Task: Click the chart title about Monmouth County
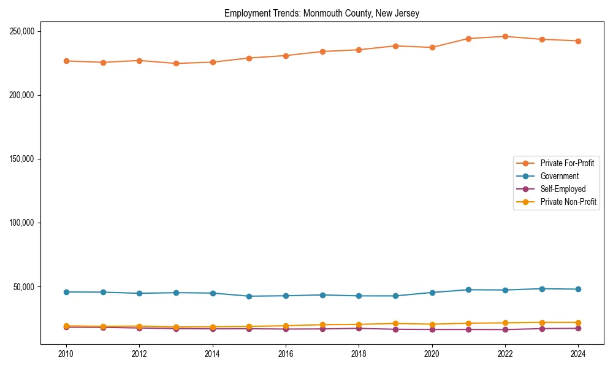322,13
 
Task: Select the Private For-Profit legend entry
567,163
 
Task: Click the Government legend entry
559,176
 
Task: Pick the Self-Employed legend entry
563,189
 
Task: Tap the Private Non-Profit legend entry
568,202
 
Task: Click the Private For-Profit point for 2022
505,36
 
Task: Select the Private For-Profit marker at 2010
66,61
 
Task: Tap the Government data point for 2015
249,296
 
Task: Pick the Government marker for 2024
578,289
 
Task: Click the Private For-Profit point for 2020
432,47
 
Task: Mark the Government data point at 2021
468,289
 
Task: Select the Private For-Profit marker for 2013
176,63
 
